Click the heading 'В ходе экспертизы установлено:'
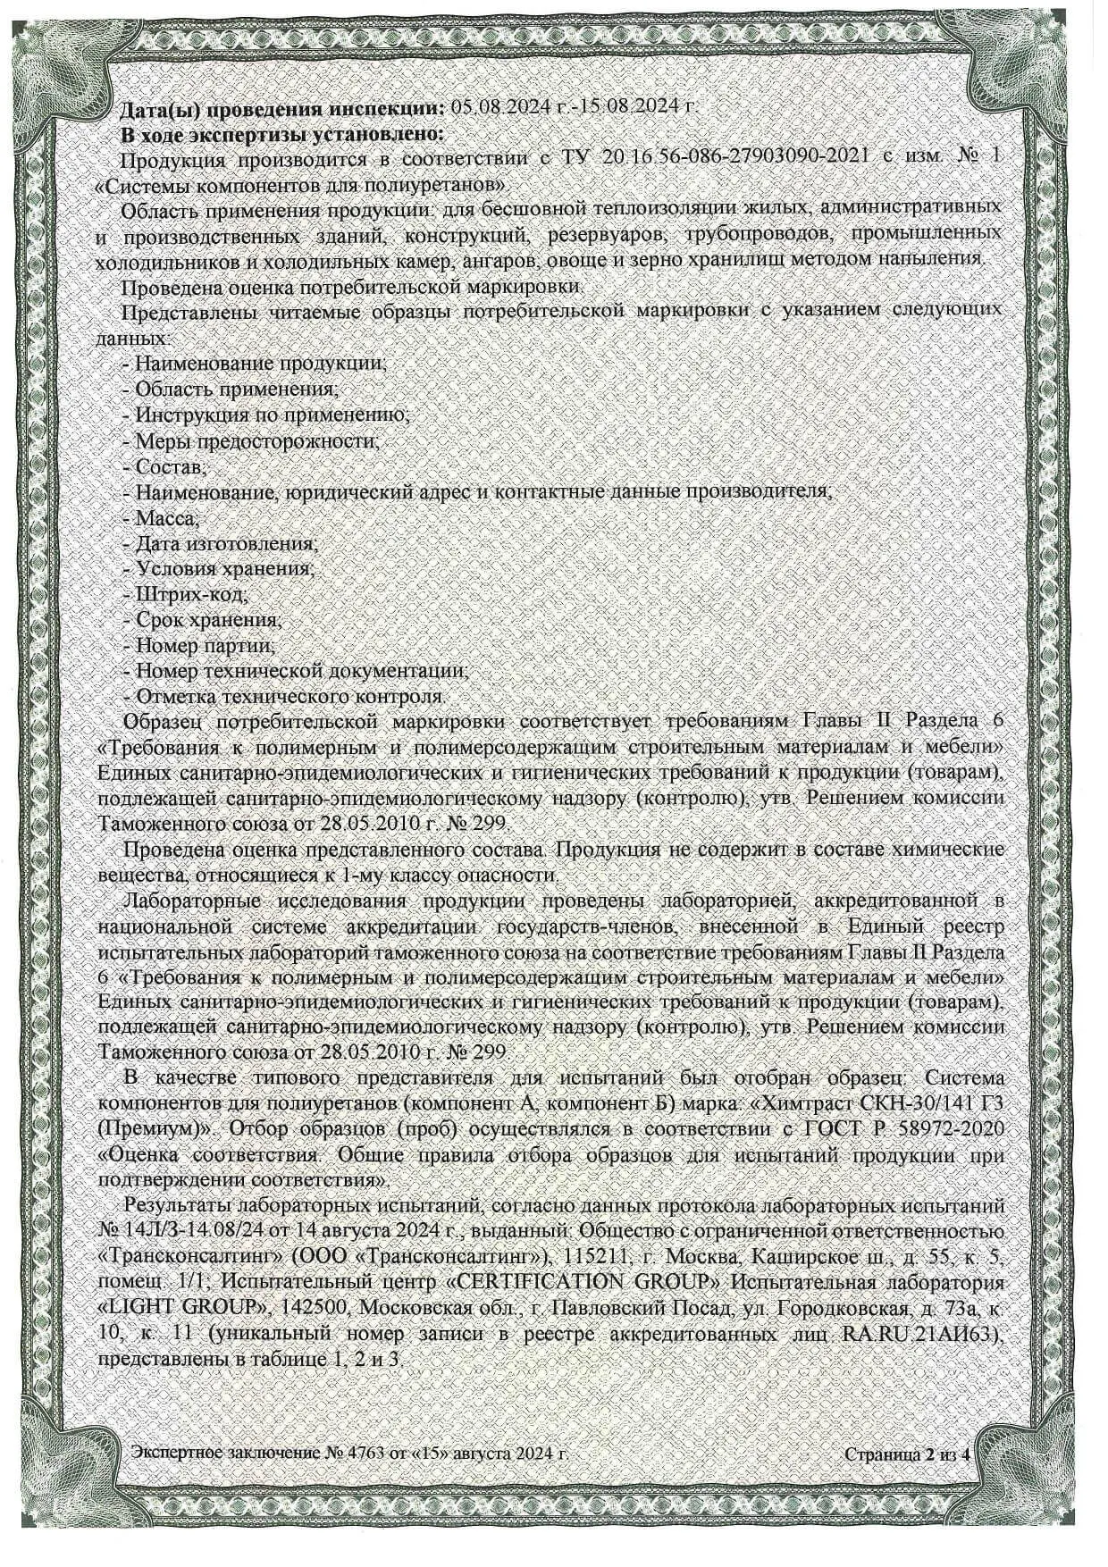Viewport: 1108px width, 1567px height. (282, 134)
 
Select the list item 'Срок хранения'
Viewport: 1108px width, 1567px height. (208, 619)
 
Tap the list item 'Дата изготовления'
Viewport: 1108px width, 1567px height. (224, 543)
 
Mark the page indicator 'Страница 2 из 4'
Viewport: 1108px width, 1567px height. (907, 1454)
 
